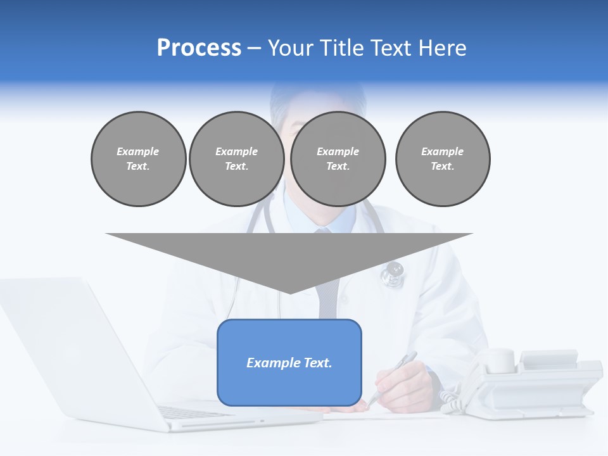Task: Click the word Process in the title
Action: [199, 48]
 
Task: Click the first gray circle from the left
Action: [138, 159]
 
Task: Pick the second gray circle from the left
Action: [236, 159]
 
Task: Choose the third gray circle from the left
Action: [338, 159]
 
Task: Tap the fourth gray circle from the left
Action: [443, 159]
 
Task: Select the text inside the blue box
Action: [289, 363]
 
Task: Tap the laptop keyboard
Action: [190, 412]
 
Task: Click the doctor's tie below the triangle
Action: [329, 304]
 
